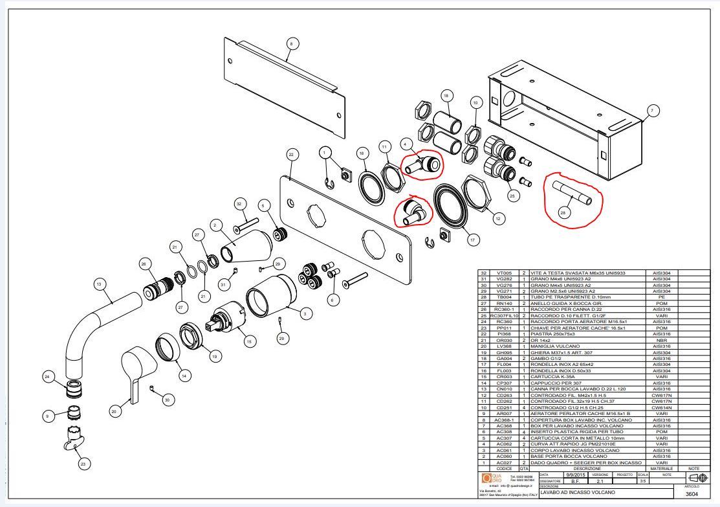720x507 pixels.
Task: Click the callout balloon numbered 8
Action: click(x=291, y=43)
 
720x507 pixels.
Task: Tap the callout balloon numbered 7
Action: click(x=652, y=111)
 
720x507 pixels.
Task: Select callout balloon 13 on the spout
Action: click(x=99, y=284)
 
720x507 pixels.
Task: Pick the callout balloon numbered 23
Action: click(x=83, y=463)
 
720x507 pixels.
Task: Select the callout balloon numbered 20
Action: click(x=114, y=411)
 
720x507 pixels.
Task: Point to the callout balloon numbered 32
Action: click(x=239, y=203)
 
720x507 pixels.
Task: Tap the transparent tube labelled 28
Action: click(x=572, y=192)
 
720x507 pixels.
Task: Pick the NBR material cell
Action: click(x=660, y=340)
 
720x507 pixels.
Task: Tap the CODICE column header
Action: click(x=504, y=468)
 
